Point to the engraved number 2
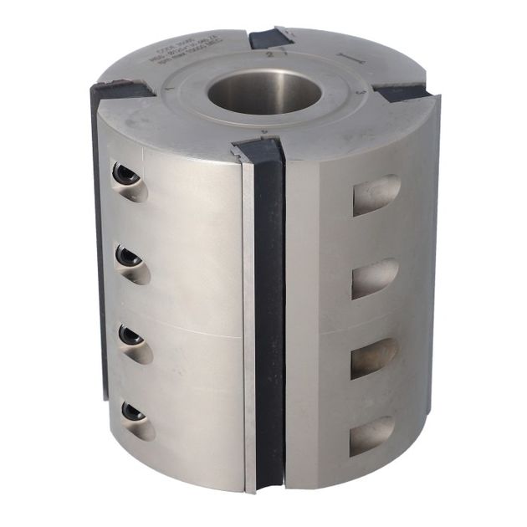coord(268,53)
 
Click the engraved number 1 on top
coord(170,88)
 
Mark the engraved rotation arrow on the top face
coord(350,58)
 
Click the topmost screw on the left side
coord(125,174)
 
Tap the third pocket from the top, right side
coord(373,357)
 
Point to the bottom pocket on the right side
coord(371,435)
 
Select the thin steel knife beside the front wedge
coord(248,326)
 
